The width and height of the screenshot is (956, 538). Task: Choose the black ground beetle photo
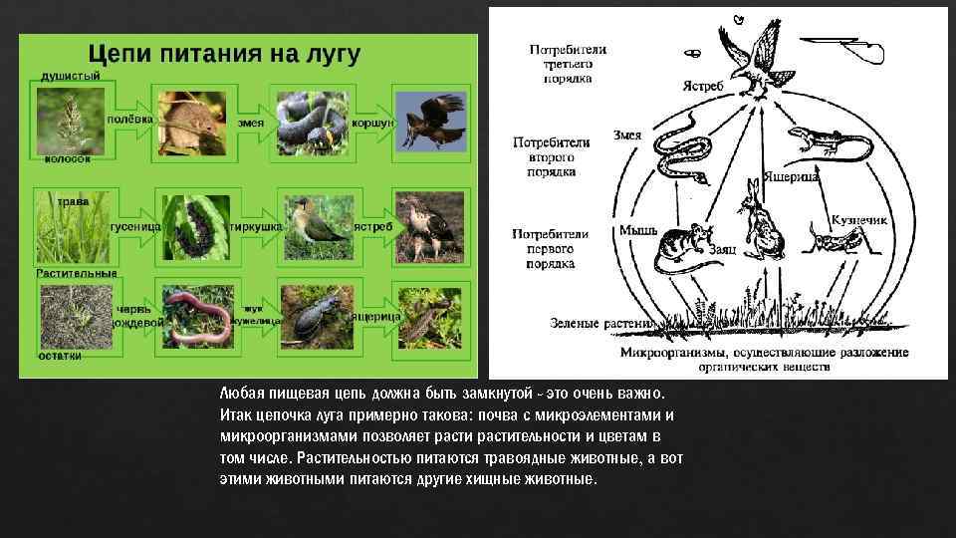click(x=313, y=316)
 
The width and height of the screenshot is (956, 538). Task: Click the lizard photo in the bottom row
click(x=428, y=316)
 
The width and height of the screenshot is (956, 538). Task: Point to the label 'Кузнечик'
click(x=858, y=219)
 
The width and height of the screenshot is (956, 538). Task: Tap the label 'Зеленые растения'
click(x=600, y=323)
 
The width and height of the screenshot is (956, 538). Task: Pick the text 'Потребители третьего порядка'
click(x=567, y=63)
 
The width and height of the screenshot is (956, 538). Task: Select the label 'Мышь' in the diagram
click(x=637, y=230)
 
